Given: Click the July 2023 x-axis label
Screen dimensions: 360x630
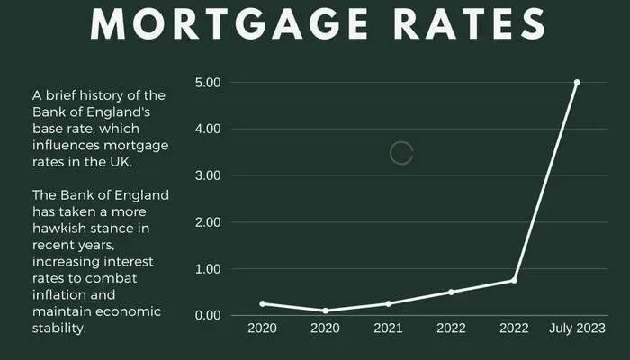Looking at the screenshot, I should coord(577,328).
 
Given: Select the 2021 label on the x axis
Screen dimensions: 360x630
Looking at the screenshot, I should coord(388,328).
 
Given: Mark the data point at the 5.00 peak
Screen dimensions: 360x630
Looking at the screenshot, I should coord(577,82).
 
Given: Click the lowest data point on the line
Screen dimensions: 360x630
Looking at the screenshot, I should coord(325,310).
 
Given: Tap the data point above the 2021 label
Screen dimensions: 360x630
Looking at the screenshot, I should coord(388,303).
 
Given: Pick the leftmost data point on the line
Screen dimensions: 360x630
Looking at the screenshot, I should coord(262,303).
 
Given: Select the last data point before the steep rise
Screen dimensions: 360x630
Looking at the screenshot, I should coord(514,280).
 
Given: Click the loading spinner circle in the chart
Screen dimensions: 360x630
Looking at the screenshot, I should coord(401,153).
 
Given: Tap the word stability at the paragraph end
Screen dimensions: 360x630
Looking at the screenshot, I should coord(58,328).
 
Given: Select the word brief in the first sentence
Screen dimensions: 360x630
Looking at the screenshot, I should coord(65,96).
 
